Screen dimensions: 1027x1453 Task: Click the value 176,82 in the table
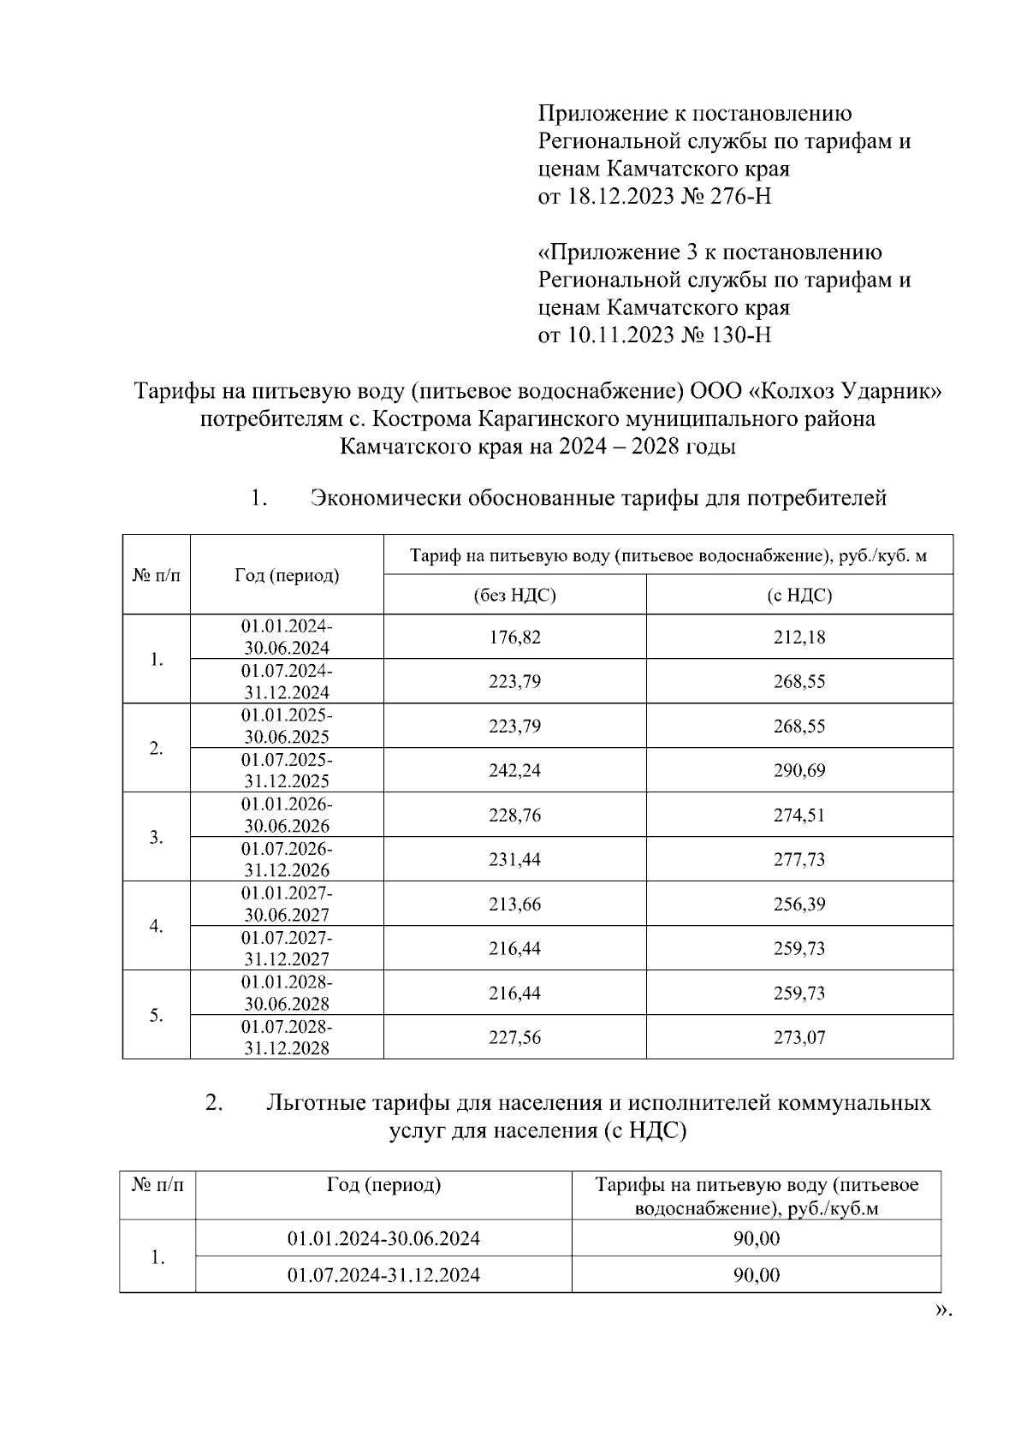(x=514, y=638)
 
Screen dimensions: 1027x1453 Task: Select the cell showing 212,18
(x=799, y=638)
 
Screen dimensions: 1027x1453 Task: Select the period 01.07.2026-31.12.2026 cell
(x=287, y=859)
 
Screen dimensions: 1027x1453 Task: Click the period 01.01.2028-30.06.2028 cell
(x=287, y=993)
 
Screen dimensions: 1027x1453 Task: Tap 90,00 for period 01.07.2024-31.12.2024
(x=757, y=1275)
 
